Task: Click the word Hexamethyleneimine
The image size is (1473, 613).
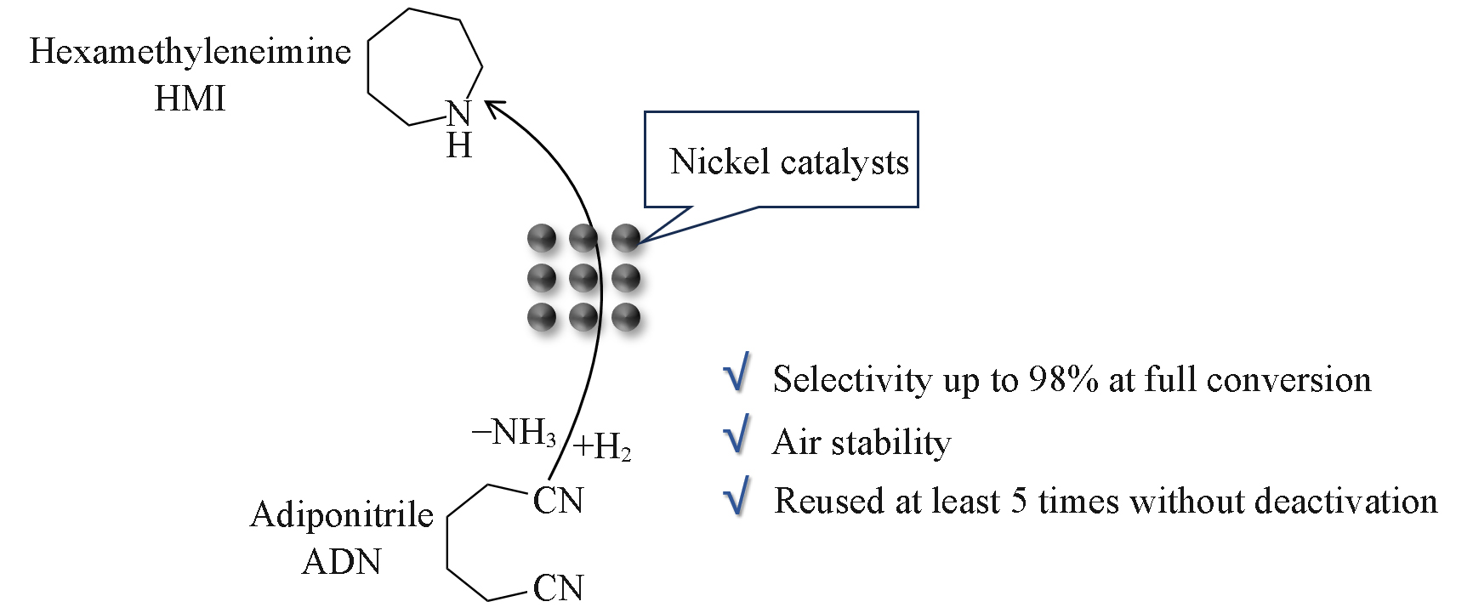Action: (x=191, y=53)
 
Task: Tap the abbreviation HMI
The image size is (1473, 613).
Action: (x=190, y=100)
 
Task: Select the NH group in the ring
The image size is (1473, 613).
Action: (x=458, y=128)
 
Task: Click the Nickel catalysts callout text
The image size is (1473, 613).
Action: (x=789, y=162)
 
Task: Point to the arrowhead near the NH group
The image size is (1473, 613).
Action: (x=494, y=108)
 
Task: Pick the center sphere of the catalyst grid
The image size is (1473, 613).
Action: (x=583, y=277)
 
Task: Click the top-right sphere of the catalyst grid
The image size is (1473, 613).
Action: (x=625, y=237)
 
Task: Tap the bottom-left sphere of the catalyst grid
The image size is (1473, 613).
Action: (x=541, y=317)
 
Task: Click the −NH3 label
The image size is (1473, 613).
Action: (x=514, y=435)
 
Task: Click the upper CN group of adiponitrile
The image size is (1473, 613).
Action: (x=558, y=502)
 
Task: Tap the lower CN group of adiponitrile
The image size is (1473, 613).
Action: (x=558, y=587)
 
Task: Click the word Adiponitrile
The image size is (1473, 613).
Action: (x=342, y=516)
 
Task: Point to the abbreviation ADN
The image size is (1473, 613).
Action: (x=342, y=563)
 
